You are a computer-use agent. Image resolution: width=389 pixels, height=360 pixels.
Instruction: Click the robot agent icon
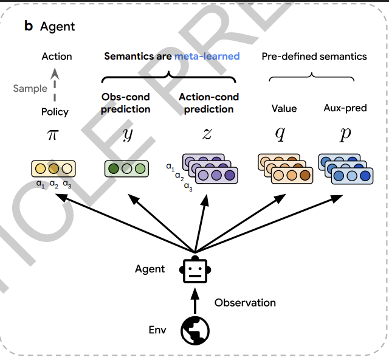pos(195,269)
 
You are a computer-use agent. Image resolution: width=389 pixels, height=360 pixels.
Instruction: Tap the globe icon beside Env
pos(195,330)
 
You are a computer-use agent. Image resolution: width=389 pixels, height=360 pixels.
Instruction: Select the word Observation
pos(245,302)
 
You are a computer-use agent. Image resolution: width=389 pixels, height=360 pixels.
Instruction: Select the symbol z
pos(207,134)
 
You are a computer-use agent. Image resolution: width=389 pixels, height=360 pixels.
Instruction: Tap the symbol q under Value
pos(280,134)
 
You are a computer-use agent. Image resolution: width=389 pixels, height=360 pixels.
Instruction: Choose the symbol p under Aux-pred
pos(345,134)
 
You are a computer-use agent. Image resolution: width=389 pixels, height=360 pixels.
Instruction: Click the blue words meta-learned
pos(207,57)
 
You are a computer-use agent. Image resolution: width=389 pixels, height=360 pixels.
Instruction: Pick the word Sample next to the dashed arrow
pos(30,88)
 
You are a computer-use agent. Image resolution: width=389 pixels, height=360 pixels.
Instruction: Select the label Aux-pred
pos(345,108)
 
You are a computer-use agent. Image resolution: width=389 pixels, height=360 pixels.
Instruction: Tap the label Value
pos(284,108)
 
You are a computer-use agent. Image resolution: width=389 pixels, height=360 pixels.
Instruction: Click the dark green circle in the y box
pos(112,168)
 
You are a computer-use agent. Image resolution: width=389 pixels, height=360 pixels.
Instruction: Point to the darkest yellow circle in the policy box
pos(54,168)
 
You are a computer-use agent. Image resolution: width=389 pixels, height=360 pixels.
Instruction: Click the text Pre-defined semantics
pos(314,57)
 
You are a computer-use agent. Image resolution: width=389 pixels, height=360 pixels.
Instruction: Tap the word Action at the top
pos(57,57)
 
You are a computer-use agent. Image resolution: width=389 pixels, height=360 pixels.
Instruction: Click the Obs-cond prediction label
pos(126,103)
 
